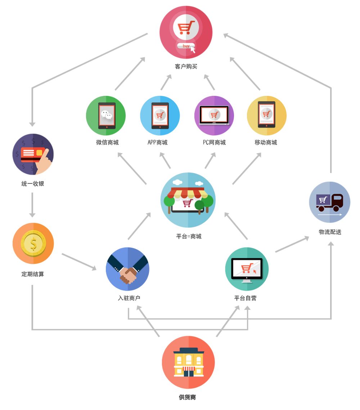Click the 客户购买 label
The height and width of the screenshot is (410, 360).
pos(186,66)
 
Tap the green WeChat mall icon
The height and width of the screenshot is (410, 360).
pos(106,116)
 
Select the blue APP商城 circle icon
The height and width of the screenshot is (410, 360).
pos(160,116)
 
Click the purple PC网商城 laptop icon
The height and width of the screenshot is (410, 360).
pos(214,116)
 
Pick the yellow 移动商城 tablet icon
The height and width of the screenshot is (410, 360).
pos(267,116)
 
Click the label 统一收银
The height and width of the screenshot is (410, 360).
pos(33,183)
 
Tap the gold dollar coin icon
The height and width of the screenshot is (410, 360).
pos(33,244)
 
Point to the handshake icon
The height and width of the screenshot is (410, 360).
pos(127,269)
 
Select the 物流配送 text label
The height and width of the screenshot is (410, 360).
pos(330,232)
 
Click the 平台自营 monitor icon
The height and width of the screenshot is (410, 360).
pos(247,269)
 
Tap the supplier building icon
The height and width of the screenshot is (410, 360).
pos(188,362)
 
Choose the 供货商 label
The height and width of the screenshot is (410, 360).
pos(187,397)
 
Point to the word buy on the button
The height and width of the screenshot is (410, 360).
pos(186,46)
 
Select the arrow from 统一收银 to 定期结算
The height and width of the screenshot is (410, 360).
pos(32,205)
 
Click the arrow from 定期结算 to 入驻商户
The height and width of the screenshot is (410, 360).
pos(79,262)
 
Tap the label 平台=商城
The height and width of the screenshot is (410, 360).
pos(189,236)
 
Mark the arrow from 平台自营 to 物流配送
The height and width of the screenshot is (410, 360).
pos(292,244)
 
